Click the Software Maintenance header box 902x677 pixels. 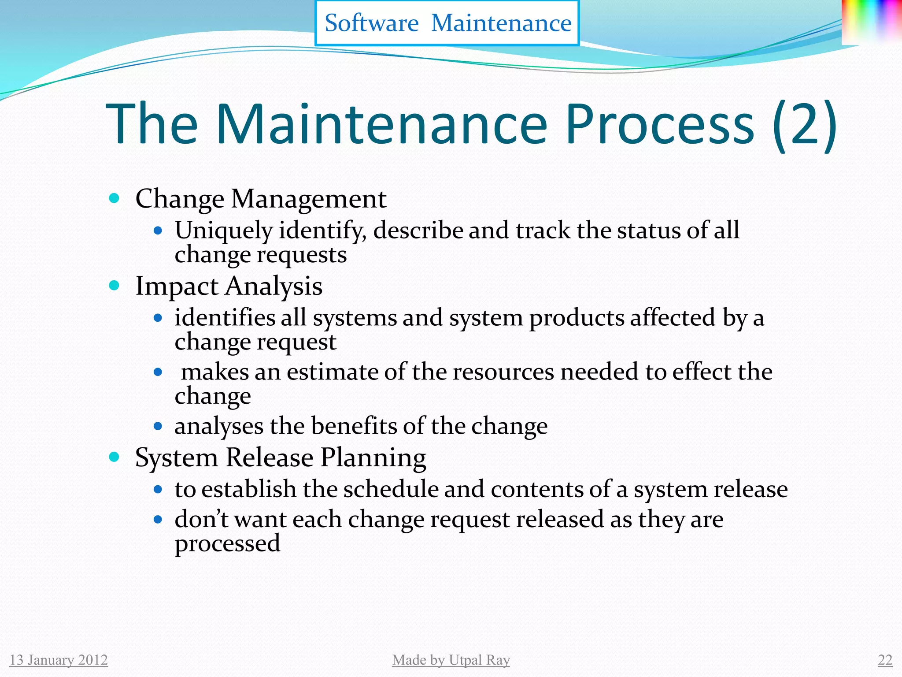pyautogui.click(x=447, y=23)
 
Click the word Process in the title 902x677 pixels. pyautogui.click(x=659, y=124)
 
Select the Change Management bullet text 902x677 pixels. pyautogui.click(x=261, y=199)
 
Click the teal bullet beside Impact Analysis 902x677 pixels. pyautogui.click(x=114, y=286)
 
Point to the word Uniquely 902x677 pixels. pyautogui.click(x=224, y=231)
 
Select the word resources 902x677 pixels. pyautogui.click(x=503, y=372)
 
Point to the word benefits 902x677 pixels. pyautogui.click(x=355, y=426)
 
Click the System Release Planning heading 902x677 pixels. pyautogui.click(x=281, y=458)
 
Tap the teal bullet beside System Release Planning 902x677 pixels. pyautogui.click(x=114, y=457)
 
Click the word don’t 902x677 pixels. pyautogui.click(x=201, y=519)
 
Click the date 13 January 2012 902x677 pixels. pyautogui.click(x=59, y=660)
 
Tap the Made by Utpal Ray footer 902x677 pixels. pyautogui.click(x=451, y=660)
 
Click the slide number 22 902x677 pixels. pyautogui.click(x=885, y=660)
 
